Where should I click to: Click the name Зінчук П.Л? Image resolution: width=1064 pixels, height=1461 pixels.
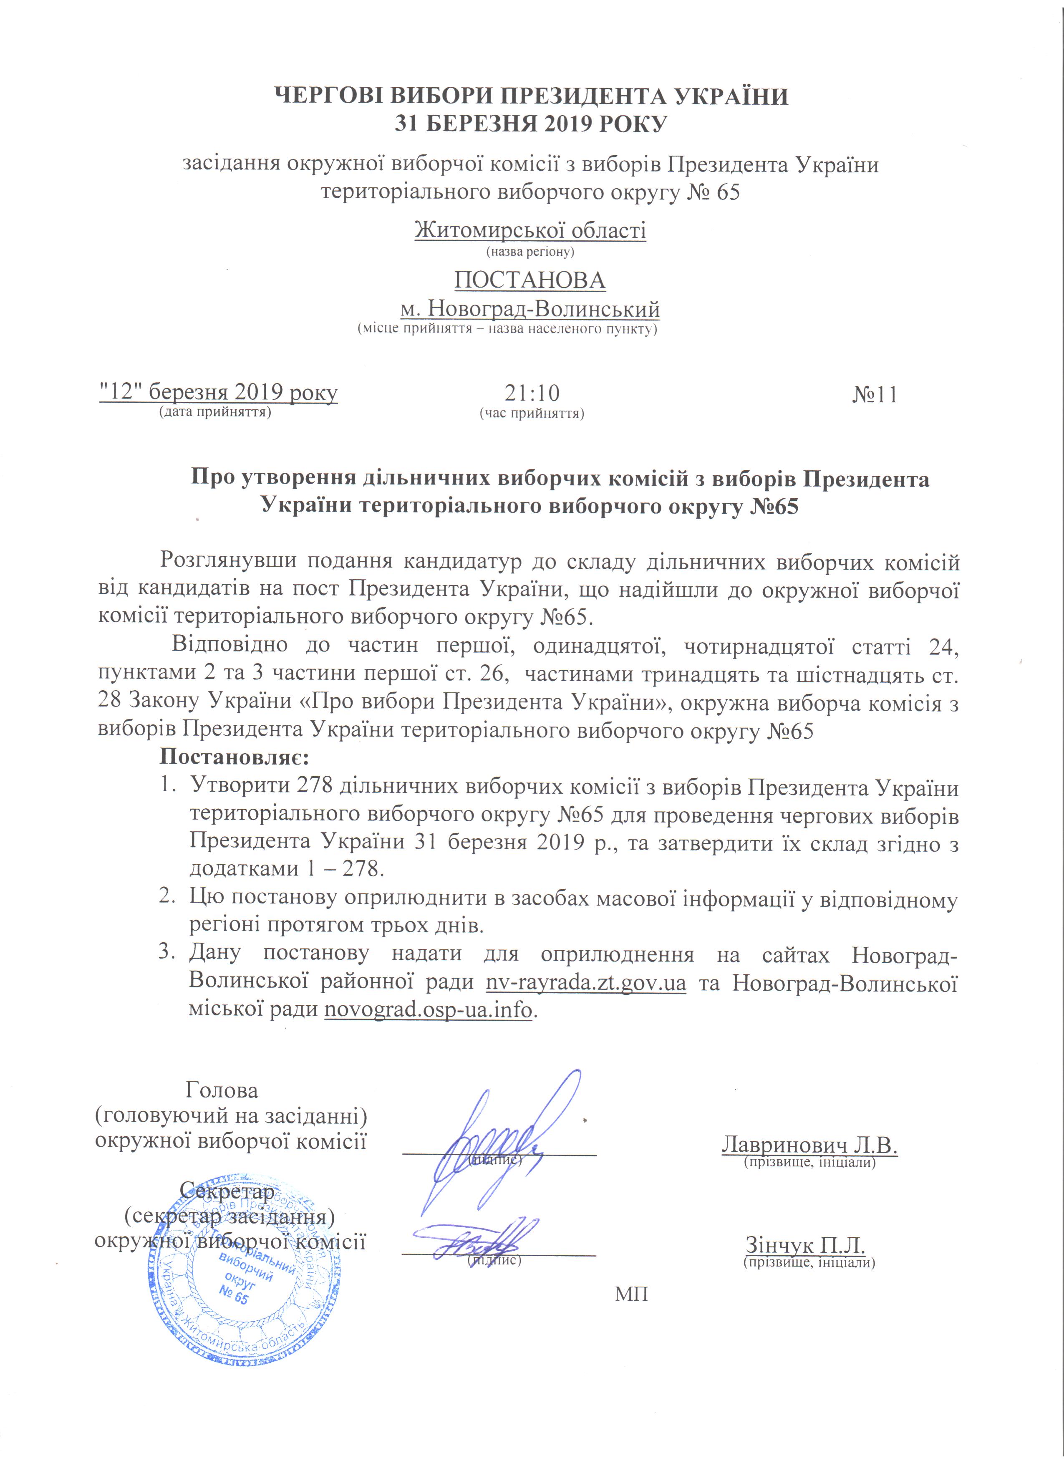click(805, 1243)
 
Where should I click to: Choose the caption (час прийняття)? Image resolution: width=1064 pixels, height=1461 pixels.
click(532, 413)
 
